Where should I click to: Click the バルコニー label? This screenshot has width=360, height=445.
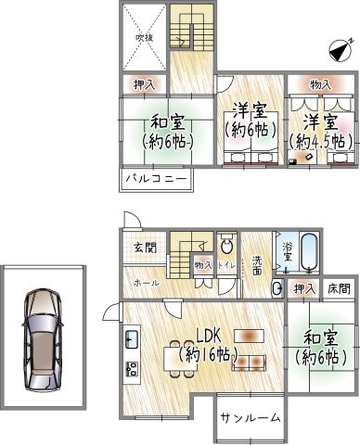tap(155, 180)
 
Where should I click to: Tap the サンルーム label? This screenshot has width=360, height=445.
tap(251, 418)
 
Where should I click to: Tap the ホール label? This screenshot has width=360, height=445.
tap(146, 282)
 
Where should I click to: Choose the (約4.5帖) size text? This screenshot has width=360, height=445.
tap(321, 142)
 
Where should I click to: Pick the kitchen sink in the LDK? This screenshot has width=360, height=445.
tap(130, 337)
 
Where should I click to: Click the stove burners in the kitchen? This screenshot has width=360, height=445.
tap(130, 369)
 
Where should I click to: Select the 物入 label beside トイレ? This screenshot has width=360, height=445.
tap(202, 266)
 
